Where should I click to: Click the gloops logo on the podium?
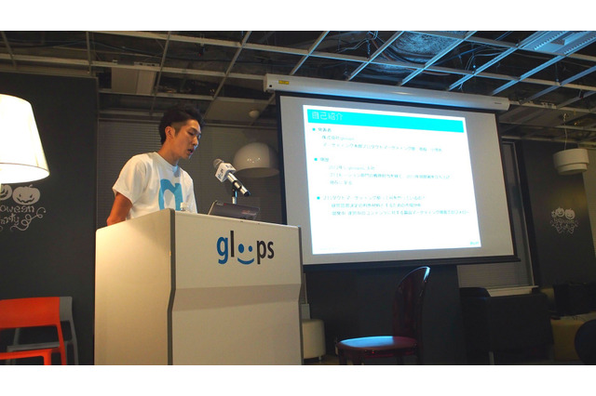click(245, 250)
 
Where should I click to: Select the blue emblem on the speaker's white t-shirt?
click(169, 193)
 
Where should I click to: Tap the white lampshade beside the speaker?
click(20, 139)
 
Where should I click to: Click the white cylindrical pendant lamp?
click(570, 161)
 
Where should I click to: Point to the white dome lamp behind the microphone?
click(256, 158)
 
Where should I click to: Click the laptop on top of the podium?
click(233, 210)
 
